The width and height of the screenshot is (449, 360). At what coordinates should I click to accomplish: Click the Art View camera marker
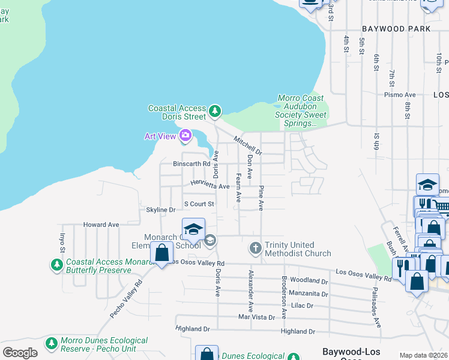click(185, 136)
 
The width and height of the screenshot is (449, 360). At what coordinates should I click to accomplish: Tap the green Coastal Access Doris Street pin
click(215, 112)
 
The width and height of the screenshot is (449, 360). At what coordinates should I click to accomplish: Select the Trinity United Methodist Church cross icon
click(255, 247)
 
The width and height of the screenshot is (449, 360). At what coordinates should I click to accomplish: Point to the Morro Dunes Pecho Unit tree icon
click(52, 343)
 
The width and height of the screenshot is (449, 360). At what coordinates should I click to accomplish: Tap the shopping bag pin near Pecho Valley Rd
click(161, 253)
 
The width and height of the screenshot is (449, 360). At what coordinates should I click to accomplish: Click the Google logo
click(19, 353)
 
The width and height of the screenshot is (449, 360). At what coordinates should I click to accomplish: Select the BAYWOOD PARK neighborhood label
click(396, 29)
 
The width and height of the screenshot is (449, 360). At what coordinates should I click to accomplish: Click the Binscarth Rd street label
click(191, 163)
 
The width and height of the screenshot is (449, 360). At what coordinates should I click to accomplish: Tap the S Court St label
click(199, 204)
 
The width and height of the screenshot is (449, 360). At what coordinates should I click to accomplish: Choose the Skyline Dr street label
click(160, 210)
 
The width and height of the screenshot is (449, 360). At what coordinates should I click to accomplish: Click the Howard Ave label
click(101, 224)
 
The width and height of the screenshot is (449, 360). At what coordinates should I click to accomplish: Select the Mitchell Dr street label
click(248, 145)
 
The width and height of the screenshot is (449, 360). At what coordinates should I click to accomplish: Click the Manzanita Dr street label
click(308, 294)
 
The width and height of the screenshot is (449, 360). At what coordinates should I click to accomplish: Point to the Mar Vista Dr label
click(256, 317)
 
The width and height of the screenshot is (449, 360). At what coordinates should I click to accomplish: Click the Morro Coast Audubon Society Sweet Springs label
click(301, 110)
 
